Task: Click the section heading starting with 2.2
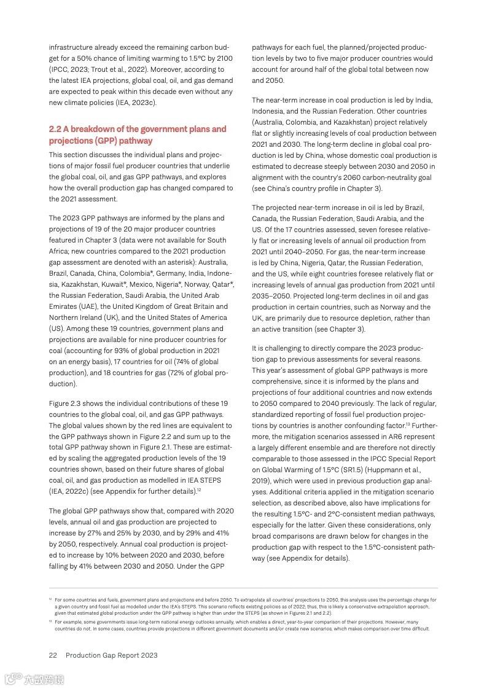pos(138,135)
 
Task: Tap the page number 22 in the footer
pos(53,655)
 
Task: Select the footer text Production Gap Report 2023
pos(112,655)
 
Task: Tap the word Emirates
pos(64,306)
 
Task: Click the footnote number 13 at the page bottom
pos(50,621)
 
